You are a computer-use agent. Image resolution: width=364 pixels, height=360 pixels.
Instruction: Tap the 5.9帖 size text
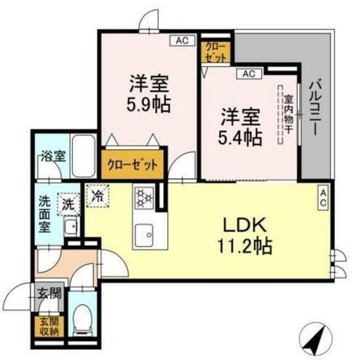pos(150,103)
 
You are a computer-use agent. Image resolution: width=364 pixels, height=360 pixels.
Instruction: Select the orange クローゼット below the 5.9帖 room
pos(132,164)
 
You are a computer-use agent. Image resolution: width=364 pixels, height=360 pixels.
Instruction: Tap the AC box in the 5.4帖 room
pos(248,73)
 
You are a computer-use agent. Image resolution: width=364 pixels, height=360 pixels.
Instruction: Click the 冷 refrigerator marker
pos(98,194)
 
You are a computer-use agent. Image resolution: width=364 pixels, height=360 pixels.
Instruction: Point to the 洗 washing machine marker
pos(68,205)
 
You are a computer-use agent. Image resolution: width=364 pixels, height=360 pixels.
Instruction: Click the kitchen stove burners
pos(143,196)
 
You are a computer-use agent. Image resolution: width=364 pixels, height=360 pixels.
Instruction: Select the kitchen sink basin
pos(143,235)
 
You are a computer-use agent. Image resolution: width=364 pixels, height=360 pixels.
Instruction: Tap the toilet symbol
pos(84,317)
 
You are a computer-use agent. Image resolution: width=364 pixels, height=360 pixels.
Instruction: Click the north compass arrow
pos(318,337)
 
